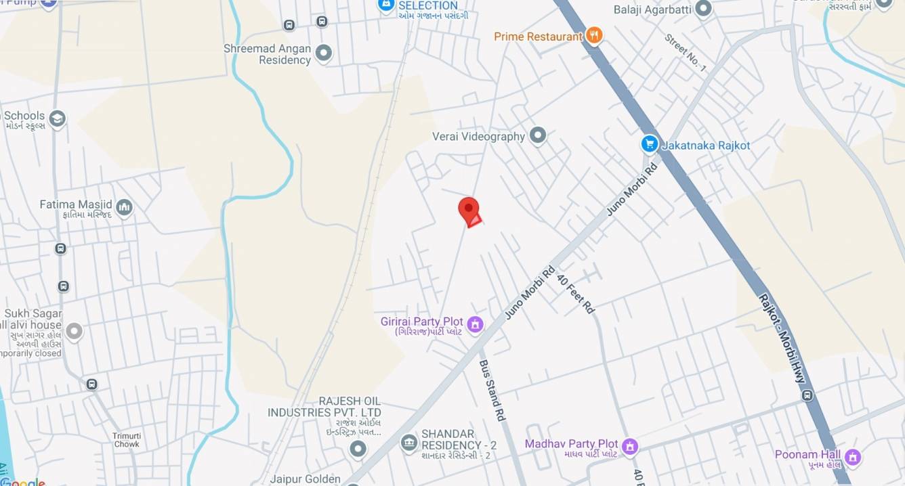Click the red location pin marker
pos(469,210)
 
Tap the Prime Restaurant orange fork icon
pos(594,35)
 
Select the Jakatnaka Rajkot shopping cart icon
pos(650,144)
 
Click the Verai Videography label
pos(478,137)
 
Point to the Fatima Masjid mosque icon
pos(124,207)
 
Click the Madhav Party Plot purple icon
pos(630,447)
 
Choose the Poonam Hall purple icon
pos(853,457)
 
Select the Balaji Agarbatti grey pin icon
pos(704,9)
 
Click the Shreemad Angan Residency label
pos(268,54)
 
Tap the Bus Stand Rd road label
pos(492,391)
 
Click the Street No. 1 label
pos(686,53)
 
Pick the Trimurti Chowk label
pos(127,440)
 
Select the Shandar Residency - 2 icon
pos(408,443)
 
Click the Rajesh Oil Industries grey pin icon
pos(358,448)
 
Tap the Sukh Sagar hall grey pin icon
pos(74,331)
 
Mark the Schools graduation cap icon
pos(57,119)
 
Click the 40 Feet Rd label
pos(575,293)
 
